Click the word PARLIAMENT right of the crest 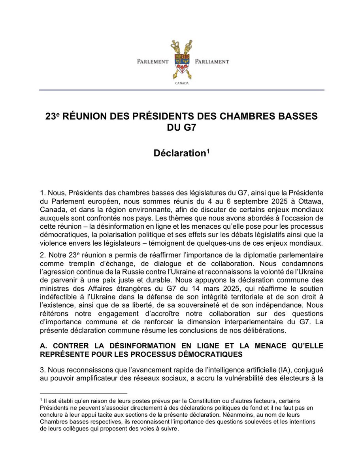(x=212, y=62)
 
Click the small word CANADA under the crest (x=182, y=84)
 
